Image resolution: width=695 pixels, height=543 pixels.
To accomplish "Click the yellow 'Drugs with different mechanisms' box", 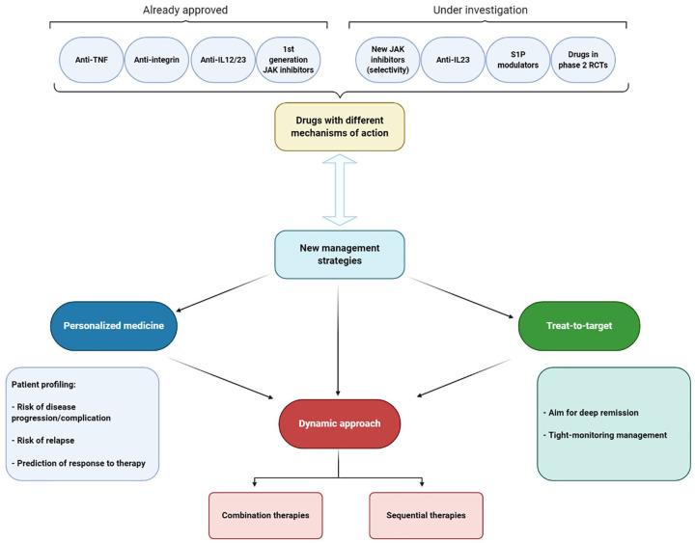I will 339,127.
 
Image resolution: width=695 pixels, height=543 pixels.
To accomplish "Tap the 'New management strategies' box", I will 339,255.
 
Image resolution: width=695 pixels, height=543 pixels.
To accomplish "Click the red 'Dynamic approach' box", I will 339,423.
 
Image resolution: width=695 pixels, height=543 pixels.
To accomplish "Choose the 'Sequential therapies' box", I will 426,515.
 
